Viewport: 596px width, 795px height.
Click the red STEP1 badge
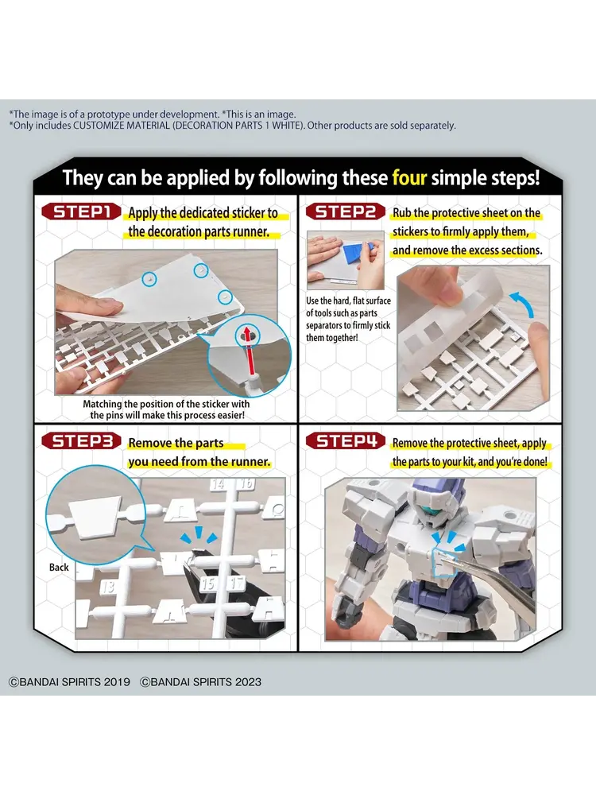click(x=81, y=211)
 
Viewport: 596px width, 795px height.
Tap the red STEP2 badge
click(x=345, y=211)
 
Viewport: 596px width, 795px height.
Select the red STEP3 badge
click(x=81, y=441)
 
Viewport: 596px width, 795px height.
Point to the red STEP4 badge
click(x=345, y=441)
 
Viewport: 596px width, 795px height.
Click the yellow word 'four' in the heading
click(x=409, y=178)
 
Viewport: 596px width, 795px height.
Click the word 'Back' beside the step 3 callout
click(x=59, y=568)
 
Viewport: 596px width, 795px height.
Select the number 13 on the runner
click(x=107, y=588)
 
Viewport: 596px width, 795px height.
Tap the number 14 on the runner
click(x=218, y=484)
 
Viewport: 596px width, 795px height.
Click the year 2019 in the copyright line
click(x=117, y=682)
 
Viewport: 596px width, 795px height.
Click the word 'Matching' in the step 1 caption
click(x=103, y=404)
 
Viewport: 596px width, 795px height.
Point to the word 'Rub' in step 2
click(x=402, y=213)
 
